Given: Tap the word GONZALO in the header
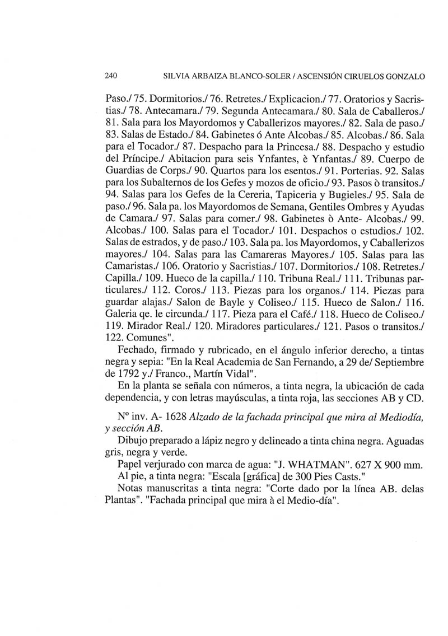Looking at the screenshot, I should point(402,76).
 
